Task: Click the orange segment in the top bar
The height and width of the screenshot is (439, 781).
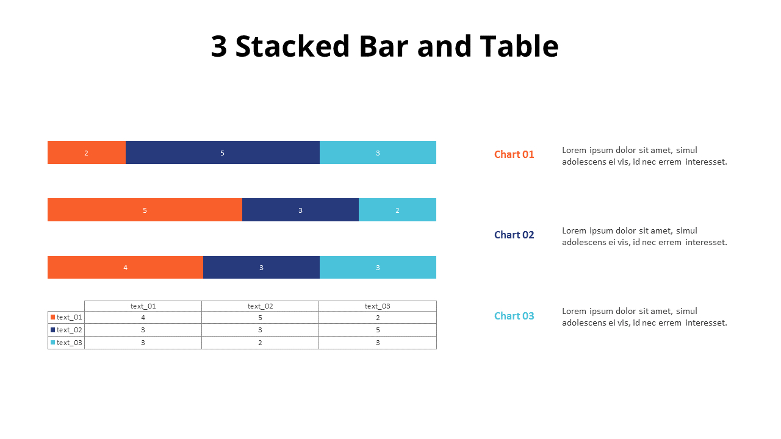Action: click(x=87, y=152)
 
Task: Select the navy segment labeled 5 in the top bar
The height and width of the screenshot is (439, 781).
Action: click(x=223, y=152)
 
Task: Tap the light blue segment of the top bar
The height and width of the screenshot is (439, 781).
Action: click(x=378, y=152)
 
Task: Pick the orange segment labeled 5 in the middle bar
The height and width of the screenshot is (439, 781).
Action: click(x=145, y=210)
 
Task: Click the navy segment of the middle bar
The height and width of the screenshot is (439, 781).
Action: click(x=300, y=210)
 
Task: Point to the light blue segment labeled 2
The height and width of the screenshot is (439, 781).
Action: click(x=397, y=210)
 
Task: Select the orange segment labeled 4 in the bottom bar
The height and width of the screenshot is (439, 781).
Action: click(x=125, y=267)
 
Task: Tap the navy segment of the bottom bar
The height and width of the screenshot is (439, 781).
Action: click(x=261, y=267)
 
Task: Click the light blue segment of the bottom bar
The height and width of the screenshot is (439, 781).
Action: click(x=378, y=267)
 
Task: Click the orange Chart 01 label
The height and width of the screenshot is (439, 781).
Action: click(x=514, y=154)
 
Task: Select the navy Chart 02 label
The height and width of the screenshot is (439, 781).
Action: click(x=514, y=235)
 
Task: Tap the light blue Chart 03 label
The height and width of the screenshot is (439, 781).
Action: click(x=514, y=316)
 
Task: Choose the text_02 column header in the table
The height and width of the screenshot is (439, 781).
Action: click(x=260, y=306)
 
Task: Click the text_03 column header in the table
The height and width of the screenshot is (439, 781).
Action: click(x=378, y=306)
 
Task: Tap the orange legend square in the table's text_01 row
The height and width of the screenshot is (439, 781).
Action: click(x=53, y=317)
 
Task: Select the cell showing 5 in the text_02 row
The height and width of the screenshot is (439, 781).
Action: click(x=378, y=330)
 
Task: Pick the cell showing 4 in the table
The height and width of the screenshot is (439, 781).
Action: click(x=143, y=318)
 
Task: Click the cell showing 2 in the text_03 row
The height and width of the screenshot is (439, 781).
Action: click(x=260, y=343)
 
